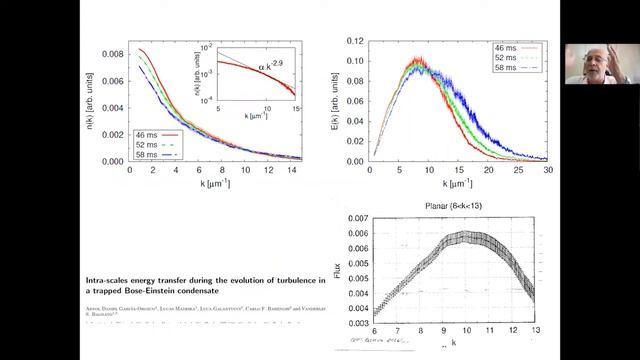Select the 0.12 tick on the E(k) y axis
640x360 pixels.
pyautogui.click(x=352, y=42)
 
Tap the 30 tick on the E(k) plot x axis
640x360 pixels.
pyautogui.click(x=546, y=171)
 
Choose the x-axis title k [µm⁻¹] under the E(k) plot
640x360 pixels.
pyautogui.click(x=455, y=186)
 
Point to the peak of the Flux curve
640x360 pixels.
pyautogui.click(x=461, y=236)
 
